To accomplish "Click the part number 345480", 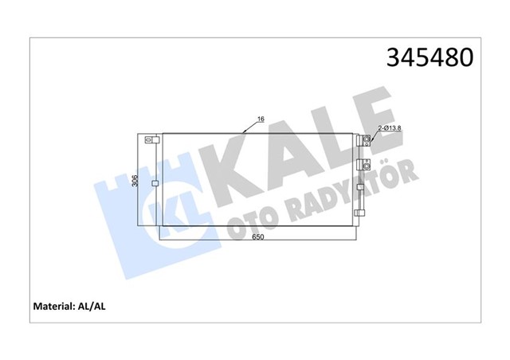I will [x=430, y=58].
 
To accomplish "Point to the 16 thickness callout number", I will [x=261, y=120].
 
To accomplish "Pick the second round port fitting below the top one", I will [x=367, y=163].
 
